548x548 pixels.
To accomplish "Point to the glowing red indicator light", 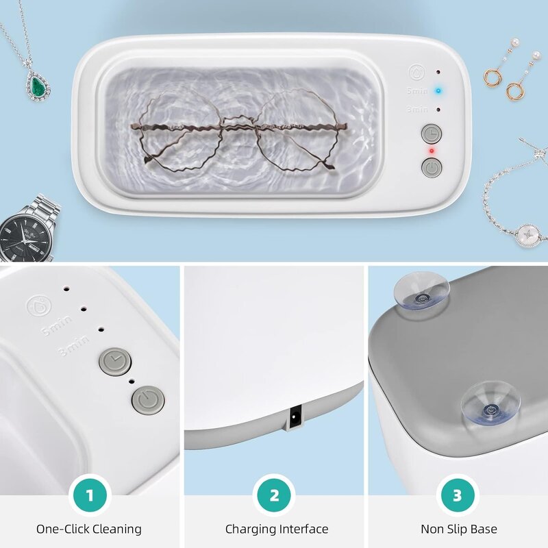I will pyautogui.click(x=432, y=149).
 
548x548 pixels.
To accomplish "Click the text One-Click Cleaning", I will pyautogui.click(x=89, y=529).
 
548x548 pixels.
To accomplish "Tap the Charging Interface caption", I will pyautogui.click(x=276, y=529).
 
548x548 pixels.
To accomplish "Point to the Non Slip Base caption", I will pyautogui.click(x=459, y=529).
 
